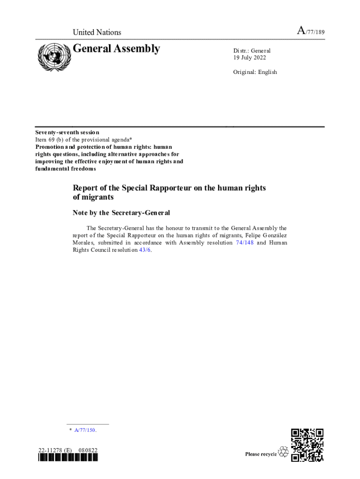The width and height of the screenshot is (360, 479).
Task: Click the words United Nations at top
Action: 97,32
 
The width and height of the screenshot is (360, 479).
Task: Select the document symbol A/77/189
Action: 310,32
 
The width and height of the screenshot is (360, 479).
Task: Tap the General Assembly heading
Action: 116,49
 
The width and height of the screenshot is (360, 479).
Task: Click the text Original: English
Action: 255,72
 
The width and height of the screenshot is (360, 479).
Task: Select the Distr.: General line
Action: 252,51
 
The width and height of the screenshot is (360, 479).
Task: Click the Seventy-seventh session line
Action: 67,132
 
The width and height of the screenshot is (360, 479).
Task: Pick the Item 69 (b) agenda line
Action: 87,139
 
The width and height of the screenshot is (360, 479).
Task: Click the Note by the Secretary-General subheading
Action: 121,213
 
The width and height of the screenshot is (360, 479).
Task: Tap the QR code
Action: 307,445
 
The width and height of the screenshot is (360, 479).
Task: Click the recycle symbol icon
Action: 283,452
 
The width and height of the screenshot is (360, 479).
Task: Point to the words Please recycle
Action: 261,454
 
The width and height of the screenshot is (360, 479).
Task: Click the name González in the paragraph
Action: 272,235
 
